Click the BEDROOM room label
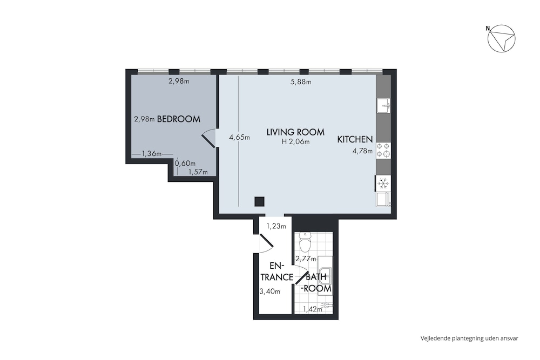click(178, 119)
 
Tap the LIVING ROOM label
click(295, 132)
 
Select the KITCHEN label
click(355, 139)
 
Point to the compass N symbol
click(488, 28)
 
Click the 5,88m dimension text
click(301, 82)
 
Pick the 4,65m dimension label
click(239, 137)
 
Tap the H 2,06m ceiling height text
click(295, 141)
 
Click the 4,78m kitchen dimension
click(362, 151)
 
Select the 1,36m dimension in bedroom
click(152, 154)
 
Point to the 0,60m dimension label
click(185, 163)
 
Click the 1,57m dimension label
click(198, 172)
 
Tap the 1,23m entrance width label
click(276, 227)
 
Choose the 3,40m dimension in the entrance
click(269, 291)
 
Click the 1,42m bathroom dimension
click(313, 309)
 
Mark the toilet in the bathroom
click(305, 242)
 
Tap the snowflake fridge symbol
click(383, 184)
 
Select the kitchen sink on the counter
click(383, 106)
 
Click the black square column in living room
click(259, 201)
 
